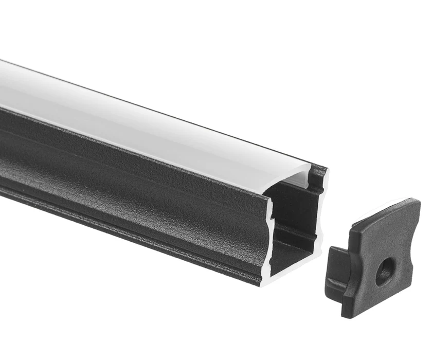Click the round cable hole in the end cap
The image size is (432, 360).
pos(385,272)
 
